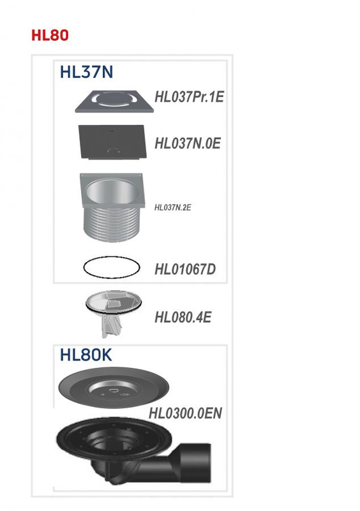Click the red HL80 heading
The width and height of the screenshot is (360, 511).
pyautogui.click(x=50, y=35)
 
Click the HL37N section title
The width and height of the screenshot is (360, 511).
pyautogui.click(x=86, y=72)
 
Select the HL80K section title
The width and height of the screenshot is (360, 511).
pyautogui.click(x=86, y=355)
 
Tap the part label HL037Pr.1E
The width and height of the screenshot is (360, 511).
pyautogui.click(x=189, y=98)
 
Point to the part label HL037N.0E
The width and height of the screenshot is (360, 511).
pyautogui.click(x=187, y=143)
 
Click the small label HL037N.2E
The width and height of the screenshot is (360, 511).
pyautogui.click(x=173, y=207)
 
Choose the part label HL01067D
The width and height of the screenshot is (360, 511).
pyautogui.click(x=185, y=269)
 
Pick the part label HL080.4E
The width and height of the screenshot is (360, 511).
pyautogui.click(x=183, y=317)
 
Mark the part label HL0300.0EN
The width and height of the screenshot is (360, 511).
pyautogui.click(x=185, y=413)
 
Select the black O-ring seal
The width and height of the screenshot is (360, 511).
pyautogui.click(x=112, y=267)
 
